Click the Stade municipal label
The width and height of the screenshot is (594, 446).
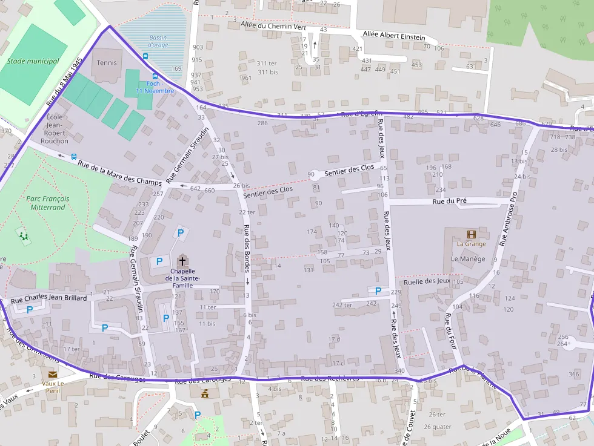tap(33, 61)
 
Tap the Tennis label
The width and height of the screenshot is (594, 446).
tap(107, 62)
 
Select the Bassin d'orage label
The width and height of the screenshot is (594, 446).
tap(158, 41)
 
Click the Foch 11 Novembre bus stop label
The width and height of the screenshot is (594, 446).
tap(155, 87)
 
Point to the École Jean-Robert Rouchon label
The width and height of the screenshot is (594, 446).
tap(55, 128)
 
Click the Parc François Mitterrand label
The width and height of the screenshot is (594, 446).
tap(48, 203)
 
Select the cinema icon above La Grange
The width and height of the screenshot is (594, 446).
tap(471, 234)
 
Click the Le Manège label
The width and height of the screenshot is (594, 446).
tap(468, 258)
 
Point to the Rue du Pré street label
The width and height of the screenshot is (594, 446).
tap(449, 200)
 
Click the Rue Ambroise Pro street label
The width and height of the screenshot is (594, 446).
tap(509, 219)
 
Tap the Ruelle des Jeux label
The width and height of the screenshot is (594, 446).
tap(427, 281)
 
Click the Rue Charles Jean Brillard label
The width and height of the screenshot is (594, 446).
tap(49, 298)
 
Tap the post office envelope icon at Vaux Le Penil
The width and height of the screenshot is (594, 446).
tap(53, 375)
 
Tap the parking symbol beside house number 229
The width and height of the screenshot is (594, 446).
tap(378, 291)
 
